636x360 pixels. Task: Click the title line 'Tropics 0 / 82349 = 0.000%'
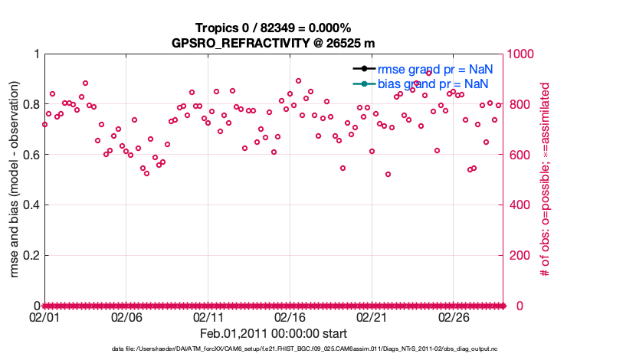pos(274,28)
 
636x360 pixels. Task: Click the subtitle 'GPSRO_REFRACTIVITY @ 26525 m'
pos(274,43)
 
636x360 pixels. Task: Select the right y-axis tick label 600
pos(521,155)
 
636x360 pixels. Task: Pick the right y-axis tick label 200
pos(521,255)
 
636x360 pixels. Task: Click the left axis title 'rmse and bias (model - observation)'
pos(13,180)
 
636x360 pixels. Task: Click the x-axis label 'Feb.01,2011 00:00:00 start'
pos(274,333)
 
